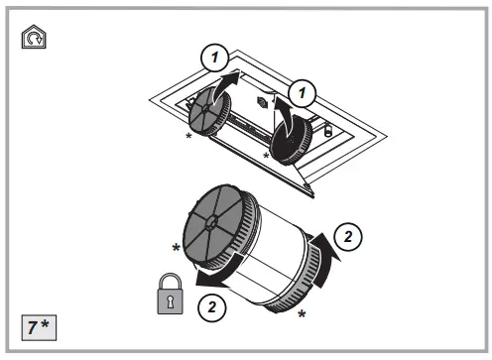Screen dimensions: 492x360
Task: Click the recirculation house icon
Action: click(x=34, y=37)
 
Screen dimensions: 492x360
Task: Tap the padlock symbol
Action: click(x=171, y=294)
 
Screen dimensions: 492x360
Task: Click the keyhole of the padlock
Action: click(x=171, y=301)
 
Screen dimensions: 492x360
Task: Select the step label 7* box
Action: click(x=39, y=327)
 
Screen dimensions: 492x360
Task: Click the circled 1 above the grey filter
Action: click(x=215, y=58)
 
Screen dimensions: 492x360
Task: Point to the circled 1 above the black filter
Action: click(x=302, y=93)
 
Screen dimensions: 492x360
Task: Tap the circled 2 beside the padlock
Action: click(x=212, y=307)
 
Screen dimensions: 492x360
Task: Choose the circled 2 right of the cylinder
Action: click(x=348, y=237)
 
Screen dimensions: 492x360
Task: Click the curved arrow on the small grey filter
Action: click(x=222, y=86)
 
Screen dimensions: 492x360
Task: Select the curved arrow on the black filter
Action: click(x=285, y=116)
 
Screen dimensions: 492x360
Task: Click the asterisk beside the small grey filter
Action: click(x=188, y=136)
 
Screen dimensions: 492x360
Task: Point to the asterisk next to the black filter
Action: click(x=266, y=156)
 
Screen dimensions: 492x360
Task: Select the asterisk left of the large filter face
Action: click(x=177, y=247)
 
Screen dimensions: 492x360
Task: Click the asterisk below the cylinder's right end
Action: click(x=302, y=313)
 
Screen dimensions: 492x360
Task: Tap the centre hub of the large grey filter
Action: click(x=212, y=222)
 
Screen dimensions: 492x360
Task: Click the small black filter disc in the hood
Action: click(x=291, y=140)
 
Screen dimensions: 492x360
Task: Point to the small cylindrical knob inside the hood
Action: click(x=327, y=129)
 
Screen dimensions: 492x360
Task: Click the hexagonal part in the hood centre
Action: click(x=262, y=102)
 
